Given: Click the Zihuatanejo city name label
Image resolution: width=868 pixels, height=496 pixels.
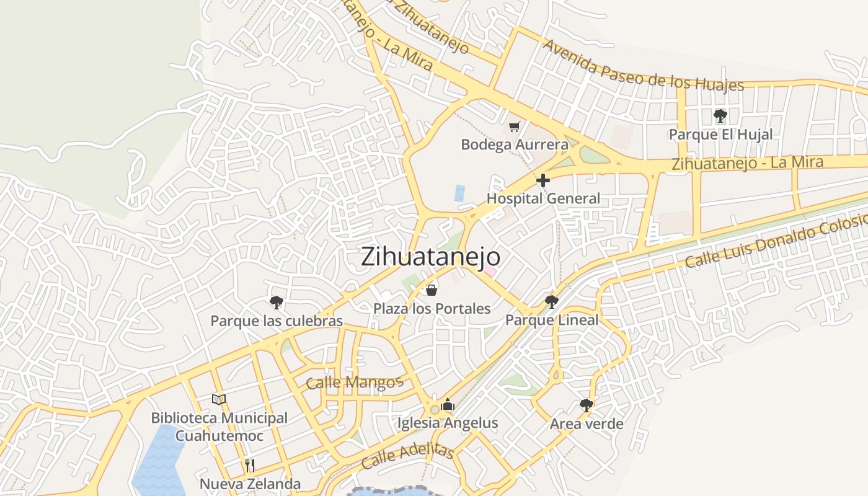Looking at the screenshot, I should coord(430,257).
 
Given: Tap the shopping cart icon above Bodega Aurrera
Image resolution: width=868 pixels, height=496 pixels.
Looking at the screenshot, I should coord(514,127).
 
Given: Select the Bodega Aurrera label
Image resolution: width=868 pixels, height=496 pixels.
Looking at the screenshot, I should coord(514,145).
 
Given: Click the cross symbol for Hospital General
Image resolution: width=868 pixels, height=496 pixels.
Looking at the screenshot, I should coord(543,180).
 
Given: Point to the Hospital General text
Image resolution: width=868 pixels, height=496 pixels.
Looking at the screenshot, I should coord(543,198).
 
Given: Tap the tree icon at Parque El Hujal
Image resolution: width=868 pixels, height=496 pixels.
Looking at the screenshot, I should coord(720,115).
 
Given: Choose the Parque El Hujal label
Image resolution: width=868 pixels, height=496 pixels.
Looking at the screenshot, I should coord(720,135).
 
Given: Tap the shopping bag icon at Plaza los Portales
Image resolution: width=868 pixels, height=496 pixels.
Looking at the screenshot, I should coord(432,290).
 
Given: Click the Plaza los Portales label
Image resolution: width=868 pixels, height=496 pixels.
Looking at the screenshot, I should coord(432,308).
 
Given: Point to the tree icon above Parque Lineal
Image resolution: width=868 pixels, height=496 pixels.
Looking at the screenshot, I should coord(551,302).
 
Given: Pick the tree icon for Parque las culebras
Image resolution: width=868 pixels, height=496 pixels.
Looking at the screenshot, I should coord(277,303).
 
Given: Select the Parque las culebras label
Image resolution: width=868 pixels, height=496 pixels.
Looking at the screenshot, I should coord(277,321).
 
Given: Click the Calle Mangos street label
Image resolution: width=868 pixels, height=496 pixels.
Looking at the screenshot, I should coord(355,382).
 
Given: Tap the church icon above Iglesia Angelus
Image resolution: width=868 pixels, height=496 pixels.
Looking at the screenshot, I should coord(448,405).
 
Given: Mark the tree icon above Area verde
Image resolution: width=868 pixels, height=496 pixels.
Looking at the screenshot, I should coord(586,405).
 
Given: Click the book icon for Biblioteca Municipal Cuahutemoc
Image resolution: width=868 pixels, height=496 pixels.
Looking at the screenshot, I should coord(219,399).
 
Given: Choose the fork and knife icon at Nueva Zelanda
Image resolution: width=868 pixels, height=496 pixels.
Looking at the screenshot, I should coord(250,465).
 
